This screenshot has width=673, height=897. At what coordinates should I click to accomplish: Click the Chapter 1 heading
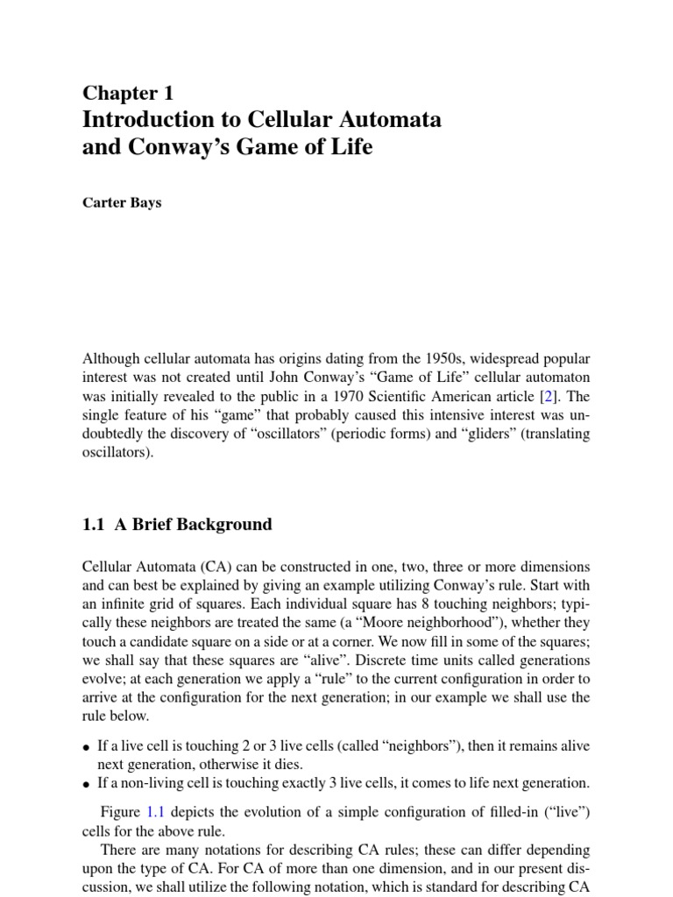click(128, 94)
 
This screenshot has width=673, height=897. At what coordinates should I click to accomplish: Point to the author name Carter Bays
click(121, 203)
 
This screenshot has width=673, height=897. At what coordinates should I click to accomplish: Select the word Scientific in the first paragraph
click(418, 395)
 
